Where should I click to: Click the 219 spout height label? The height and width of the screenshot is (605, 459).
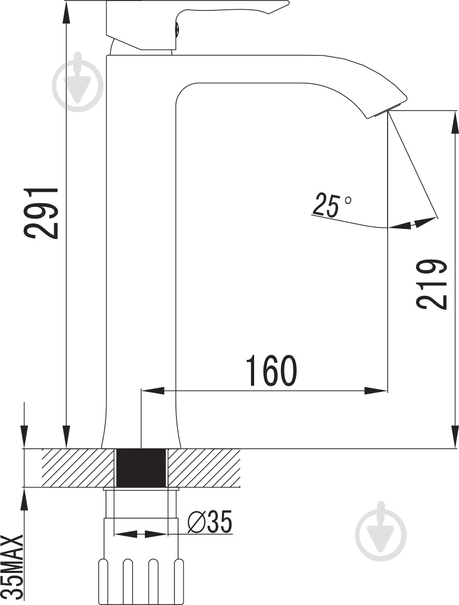tap(432, 284)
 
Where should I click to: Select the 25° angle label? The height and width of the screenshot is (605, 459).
tap(332, 205)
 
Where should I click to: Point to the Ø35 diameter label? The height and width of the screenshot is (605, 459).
tap(210, 521)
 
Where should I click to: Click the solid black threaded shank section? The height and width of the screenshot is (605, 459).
tap(141, 468)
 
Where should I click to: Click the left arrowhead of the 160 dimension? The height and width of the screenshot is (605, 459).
tap(153, 390)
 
